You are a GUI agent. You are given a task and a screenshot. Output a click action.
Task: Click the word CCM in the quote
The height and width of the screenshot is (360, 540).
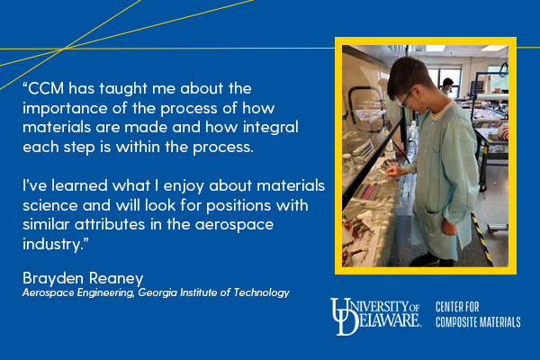46,88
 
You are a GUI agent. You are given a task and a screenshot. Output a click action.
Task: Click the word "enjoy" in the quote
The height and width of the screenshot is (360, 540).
184,186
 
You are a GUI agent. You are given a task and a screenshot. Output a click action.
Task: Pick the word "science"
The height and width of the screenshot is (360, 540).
50,206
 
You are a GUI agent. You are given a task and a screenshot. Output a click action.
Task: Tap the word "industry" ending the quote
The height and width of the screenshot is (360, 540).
53,245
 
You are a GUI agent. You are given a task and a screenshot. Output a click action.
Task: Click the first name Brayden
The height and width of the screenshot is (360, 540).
53,279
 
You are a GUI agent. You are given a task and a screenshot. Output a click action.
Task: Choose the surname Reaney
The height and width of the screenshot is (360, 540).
116,279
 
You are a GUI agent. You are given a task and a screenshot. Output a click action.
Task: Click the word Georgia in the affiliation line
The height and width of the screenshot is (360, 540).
157,292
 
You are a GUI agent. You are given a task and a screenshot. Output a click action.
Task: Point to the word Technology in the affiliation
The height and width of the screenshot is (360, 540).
261,292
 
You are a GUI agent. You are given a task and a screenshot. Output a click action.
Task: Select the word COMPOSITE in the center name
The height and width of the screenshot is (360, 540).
455,322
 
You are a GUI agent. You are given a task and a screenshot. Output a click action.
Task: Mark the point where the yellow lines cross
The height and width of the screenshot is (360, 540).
62,49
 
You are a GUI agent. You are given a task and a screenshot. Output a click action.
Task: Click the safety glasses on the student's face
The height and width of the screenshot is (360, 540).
407,99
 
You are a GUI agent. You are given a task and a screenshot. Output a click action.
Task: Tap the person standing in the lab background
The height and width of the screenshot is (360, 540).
446,86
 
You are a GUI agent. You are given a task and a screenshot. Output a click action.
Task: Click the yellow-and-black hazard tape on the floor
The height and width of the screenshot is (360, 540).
481,238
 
